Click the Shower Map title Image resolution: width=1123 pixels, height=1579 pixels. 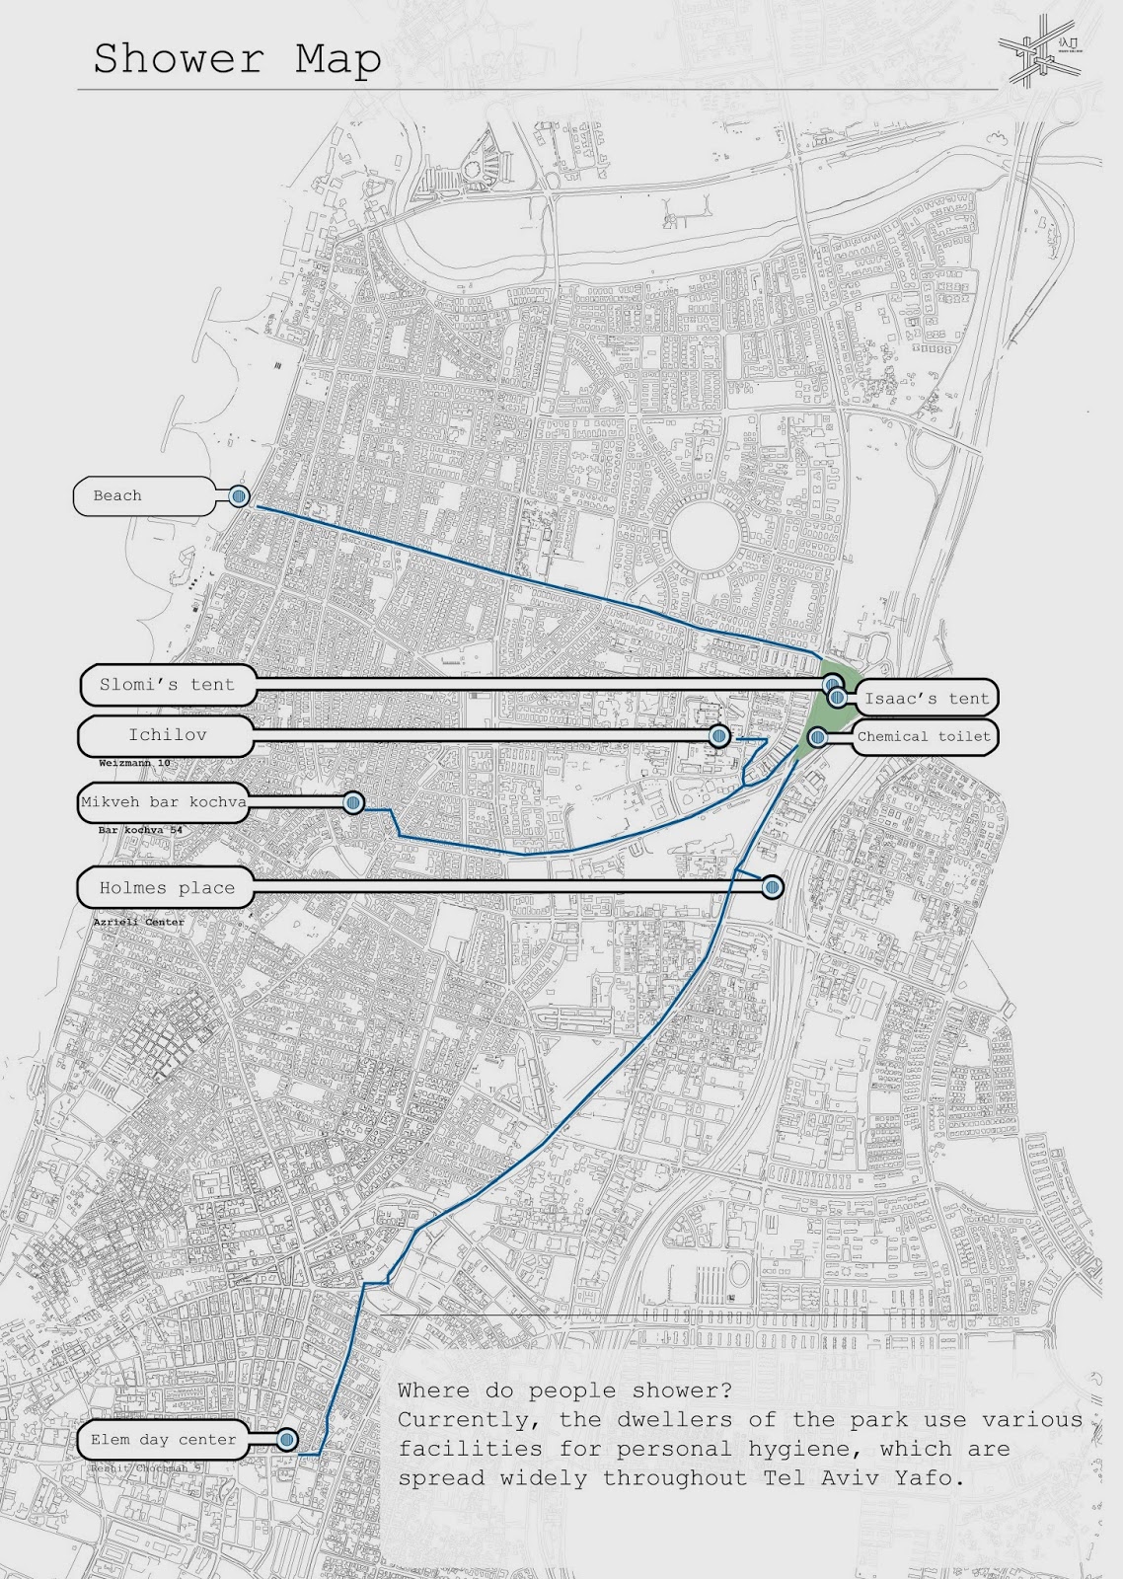pyautogui.click(x=237, y=59)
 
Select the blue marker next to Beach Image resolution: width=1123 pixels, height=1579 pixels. pyautogui.click(x=238, y=495)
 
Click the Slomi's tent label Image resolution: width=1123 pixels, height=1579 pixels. pyautogui.click(x=167, y=684)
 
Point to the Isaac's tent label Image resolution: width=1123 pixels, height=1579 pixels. pyautogui.click(x=926, y=699)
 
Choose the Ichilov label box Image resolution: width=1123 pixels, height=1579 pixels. pyautogui.click(x=167, y=735)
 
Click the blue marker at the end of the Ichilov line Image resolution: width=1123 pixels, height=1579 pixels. pyautogui.click(x=719, y=735)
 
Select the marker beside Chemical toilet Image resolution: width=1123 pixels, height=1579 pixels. pyautogui.click(x=817, y=736)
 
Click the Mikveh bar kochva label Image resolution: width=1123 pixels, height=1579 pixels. pyautogui.click(x=164, y=802)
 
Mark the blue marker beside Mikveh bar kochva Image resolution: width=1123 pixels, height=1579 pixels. pyautogui.click(x=352, y=803)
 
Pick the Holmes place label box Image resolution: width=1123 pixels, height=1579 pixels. pyautogui.click(x=167, y=888)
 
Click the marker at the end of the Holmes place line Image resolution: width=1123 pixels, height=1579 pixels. pyautogui.click(x=773, y=887)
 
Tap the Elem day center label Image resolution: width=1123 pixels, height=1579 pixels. pyautogui.click(x=164, y=1440)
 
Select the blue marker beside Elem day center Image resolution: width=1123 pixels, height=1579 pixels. pyautogui.click(x=286, y=1440)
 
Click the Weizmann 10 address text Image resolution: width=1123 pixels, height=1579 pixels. pyautogui.click(x=134, y=763)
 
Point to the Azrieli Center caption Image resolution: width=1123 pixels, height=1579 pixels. pyautogui.click(x=139, y=922)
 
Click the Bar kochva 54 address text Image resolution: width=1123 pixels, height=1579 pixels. pyautogui.click(x=140, y=830)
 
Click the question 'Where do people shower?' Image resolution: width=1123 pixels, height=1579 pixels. pyautogui.click(x=565, y=1391)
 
